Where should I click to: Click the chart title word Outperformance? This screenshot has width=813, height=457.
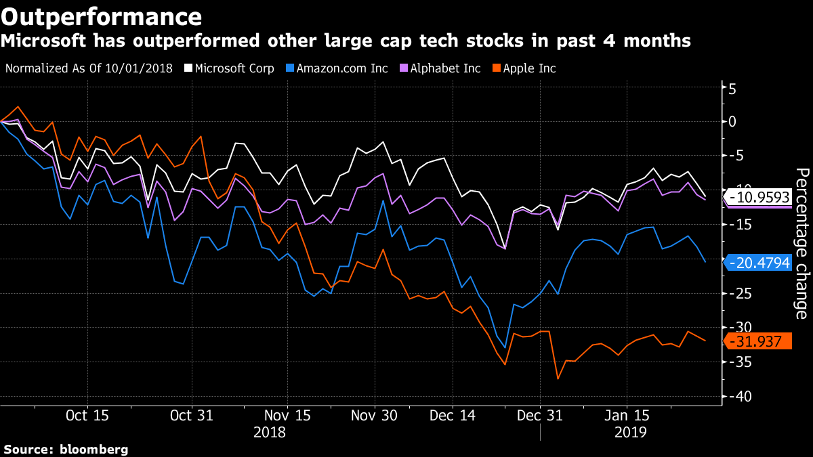pos(101,16)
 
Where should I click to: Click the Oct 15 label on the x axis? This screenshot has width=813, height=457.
pos(87,415)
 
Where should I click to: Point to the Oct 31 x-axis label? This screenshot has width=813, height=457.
pos(192,415)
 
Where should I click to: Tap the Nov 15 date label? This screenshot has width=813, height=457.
pos(287,415)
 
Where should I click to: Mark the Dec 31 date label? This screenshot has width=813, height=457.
pos(540,415)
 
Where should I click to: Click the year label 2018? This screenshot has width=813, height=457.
pos(269,431)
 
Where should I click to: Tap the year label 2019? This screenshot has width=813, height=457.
pos(629,431)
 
